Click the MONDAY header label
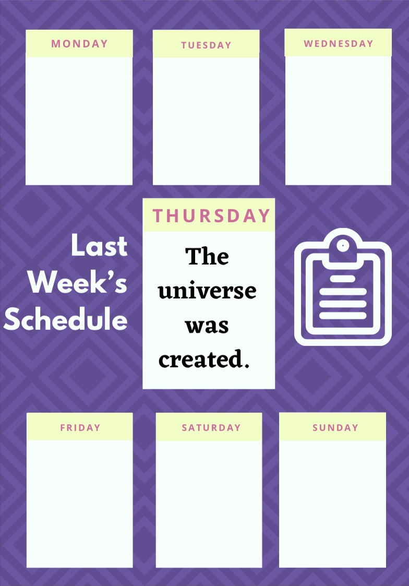point(80,44)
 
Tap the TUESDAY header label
point(206,45)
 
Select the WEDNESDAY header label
point(339,44)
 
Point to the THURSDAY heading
point(211,216)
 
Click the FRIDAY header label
point(80,427)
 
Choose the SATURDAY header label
point(211,427)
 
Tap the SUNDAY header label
point(335,427)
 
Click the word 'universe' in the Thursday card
point(207,291)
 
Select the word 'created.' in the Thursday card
point(204,359)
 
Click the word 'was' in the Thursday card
point(207,326)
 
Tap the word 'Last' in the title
point(99,246)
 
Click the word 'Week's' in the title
point(78,282)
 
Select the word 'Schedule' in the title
point(66,319)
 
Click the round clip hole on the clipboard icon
point(343,246)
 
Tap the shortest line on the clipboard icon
point(343,279)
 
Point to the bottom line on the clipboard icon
point(343,315)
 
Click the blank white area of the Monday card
point(79,121)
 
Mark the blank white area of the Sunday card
point(332,504)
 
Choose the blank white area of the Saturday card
point(209,504)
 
